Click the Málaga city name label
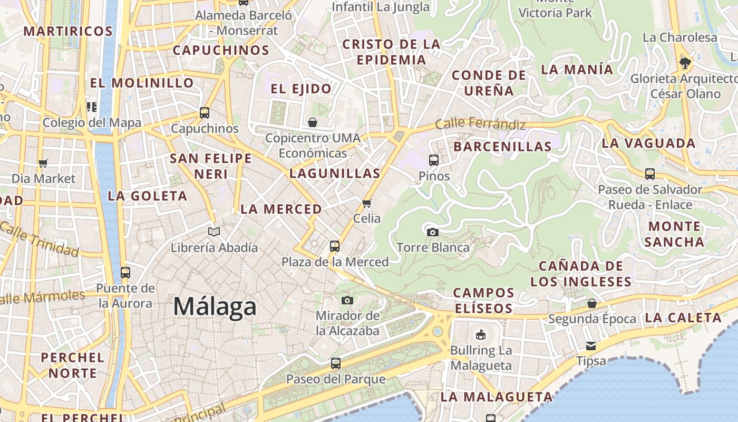click(215, 306)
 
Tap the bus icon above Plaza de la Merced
click(335, 246)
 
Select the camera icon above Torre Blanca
click(432, 232)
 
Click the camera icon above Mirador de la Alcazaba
click(347, 300)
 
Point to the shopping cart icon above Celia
click(367, 203)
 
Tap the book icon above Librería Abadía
click(214, 232)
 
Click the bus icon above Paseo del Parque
click(335, 363)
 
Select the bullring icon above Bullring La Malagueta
click(481, 334)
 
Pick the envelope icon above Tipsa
click(591, 346)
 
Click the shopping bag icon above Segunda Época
click(592, 303)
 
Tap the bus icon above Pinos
click(434, 160)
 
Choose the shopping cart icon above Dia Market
click(43, 163)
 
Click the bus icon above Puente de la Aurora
click(125, 272)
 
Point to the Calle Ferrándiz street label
click(481, 124)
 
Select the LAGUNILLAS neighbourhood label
click(335, 173)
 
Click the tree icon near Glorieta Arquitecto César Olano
click(685, 63)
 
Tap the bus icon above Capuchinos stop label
click(205, 112)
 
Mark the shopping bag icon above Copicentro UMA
click(313, 122)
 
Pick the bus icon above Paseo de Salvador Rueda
click(650, 174)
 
